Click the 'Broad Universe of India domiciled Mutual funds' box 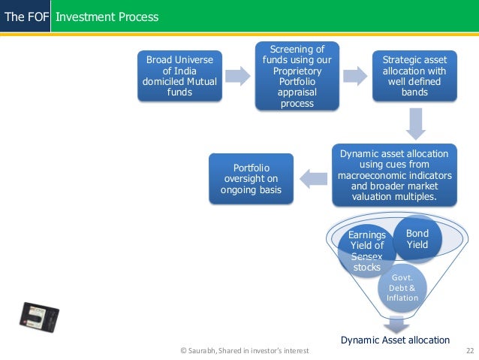[x=179, y=76]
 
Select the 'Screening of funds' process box [x=297, y=76]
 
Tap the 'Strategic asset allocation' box [x=414, y=76]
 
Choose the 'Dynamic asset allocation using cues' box [x=394, y=175]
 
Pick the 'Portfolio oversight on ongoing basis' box [x=251, y=179]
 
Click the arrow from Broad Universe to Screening [x=238, y=76]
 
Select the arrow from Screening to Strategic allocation [x=355, y=76]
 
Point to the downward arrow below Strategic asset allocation [x=415, y=123]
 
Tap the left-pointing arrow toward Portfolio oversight [x=313, y=179]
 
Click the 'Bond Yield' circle [x=417, y=239]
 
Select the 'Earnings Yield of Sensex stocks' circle [x=367, y=251]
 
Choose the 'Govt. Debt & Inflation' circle [x=402, y=288]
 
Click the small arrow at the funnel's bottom [x=396, y=325]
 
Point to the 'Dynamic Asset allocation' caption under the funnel [x=395, y=340]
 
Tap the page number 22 [x=470, y=350]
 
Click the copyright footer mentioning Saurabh [x=245, y=350]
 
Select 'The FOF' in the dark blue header [x=26, y=17]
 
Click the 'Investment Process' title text [x=107, y=17]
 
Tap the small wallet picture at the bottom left [x=39, y=317]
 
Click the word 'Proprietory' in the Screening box [x=297, y=71]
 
